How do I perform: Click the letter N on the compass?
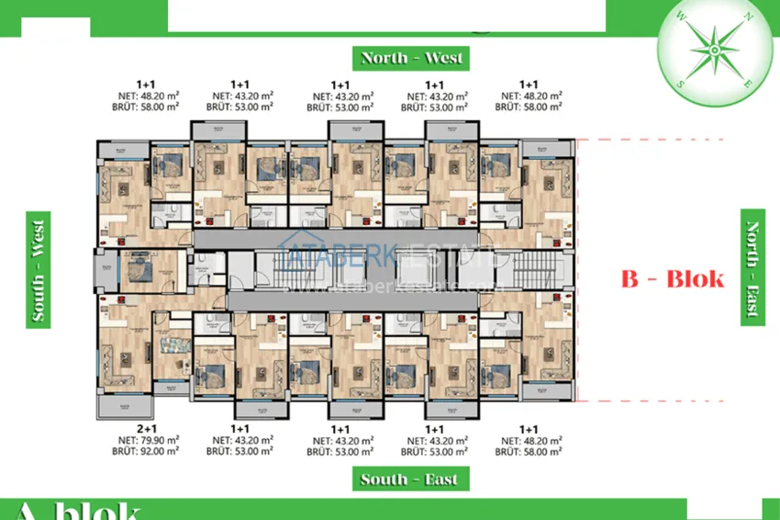(x=752, y=16)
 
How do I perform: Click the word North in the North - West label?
(x=384, y=58)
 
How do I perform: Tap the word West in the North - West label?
(x=443, y=58)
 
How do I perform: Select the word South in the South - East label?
(x=384, y=479)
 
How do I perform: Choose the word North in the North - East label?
(x=752, y=242)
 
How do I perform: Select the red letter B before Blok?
(x=630, y=278)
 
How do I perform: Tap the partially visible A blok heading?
(x=78, y=511)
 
